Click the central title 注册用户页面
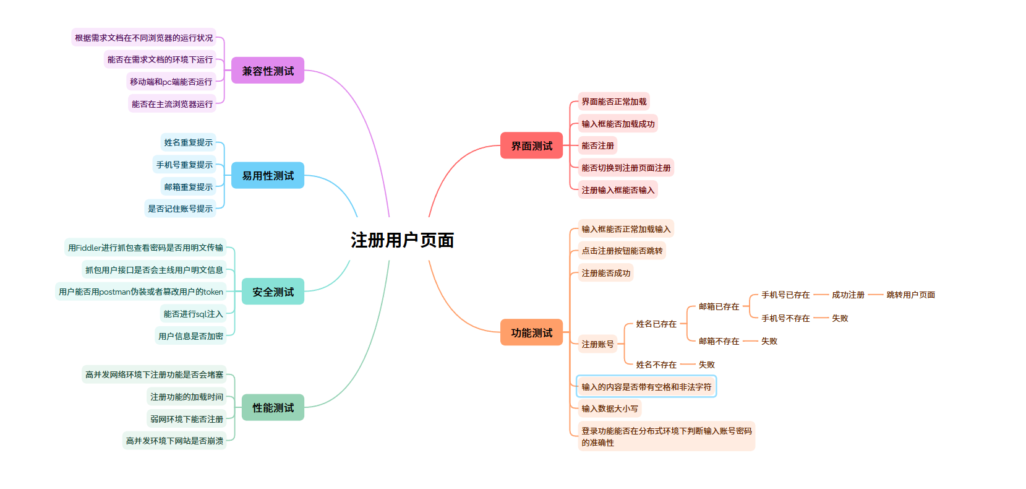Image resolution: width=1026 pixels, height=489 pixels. (x=402, y=240)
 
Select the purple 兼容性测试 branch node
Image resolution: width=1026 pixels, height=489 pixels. (x=268, y=71)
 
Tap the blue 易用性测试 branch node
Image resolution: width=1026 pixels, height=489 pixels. (x=268, y=176)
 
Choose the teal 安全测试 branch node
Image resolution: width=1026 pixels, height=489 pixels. (x=273, y=292)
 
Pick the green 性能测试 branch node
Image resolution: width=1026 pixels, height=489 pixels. (x=273, y=408)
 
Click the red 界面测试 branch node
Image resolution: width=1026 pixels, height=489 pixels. (x=531, y=146)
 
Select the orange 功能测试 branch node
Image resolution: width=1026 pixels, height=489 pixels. (x=531, y=333)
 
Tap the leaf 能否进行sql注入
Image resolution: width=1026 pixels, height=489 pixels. (x=193, y=314)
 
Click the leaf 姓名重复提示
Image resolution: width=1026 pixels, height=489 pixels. (x=188, y=142)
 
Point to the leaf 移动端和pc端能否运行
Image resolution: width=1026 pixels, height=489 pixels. (x=171, y=82)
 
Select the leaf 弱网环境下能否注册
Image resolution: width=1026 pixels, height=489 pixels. (x=186, y=419)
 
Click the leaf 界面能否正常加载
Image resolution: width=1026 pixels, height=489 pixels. (x=613, y=102)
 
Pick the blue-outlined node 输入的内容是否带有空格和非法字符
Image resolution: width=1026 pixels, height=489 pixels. (x=646, y=387)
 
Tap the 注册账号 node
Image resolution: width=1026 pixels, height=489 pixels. (x=597, y=344)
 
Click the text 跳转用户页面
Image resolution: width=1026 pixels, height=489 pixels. (x=910, y=295)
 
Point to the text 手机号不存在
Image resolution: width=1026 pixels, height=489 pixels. (x=785, y=318)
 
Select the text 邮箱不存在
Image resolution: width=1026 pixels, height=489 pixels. (x=719, y=341)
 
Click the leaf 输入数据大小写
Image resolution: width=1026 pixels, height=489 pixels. (x=609, y=409)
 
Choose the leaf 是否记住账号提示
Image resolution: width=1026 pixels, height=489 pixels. (x=180, y=209)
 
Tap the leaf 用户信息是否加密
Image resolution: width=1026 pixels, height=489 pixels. (x=190, y=336)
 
